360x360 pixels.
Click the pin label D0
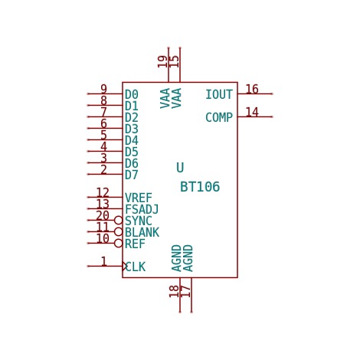coord(132,94)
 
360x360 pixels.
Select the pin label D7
coord(132,175)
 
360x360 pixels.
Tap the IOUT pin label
coord(219,94)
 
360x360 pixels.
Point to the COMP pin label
coord(219,117)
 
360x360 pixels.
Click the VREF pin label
coord(139,198)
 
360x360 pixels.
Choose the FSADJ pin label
coord(142,209)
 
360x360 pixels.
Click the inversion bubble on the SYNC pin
coord(119,220)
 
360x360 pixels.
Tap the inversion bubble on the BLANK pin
coord(119,231)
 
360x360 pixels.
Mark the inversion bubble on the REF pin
coord(119,243)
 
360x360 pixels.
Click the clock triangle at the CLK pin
coord(125,266)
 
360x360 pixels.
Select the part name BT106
coord(200,187)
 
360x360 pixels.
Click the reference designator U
coord(180,168)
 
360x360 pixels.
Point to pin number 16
coord(252,89)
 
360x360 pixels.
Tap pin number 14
coord(252,112)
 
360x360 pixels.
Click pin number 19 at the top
coord(162,61)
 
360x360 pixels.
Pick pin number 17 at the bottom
coord(185,291)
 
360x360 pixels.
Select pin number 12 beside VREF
coord(103,192)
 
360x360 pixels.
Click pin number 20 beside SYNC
coord(103,215)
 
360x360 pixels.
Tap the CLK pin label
coord(136,267)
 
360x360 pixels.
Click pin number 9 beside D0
coord(103,89)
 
